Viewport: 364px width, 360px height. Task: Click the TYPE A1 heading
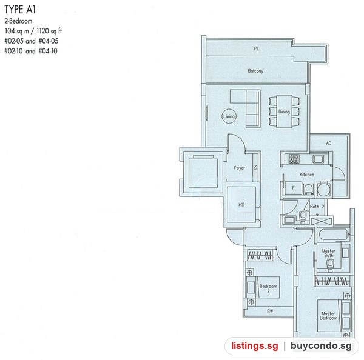coord(20,10)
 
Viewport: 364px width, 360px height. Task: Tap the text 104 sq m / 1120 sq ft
coord(33,31)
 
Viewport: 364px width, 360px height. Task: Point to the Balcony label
coord(255,71)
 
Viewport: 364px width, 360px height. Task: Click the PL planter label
coord(256,48)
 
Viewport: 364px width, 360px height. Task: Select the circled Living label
coord(229,116)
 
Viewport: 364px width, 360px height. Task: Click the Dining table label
coord(284,112)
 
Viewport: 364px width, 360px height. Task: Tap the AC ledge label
coord(328,144)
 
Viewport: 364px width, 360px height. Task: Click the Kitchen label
coord(306,175)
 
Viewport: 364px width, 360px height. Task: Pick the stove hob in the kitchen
coord(294,159)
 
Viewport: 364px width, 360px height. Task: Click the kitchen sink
coord(318,159)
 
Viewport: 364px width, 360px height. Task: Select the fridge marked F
coord(293,188)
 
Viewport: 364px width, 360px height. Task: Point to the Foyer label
coord(240,168)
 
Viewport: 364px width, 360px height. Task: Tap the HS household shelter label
coord(241,205)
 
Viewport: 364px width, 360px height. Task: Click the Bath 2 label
coord(317,207)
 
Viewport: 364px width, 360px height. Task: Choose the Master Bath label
coord(328,253)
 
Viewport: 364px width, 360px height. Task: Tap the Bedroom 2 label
coord(268,288)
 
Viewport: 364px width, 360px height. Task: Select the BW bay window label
coord(270,312)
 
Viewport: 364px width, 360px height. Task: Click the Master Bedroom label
coord(328,316)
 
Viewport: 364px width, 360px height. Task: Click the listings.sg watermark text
coord(254,345)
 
